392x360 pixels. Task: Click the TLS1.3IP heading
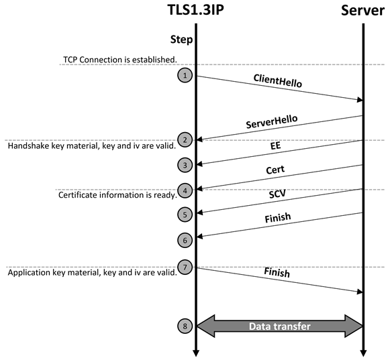196,10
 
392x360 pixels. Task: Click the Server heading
362,10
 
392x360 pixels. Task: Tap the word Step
181,40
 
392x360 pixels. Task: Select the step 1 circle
185,75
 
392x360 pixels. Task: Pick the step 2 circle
185,139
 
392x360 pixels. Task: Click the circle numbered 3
185,165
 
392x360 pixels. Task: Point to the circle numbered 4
185,191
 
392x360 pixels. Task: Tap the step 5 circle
185,215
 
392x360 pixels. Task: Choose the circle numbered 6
185,240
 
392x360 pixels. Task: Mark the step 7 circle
185,267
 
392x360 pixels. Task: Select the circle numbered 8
185,326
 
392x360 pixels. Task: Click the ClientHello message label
277,80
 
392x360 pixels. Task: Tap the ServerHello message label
272,121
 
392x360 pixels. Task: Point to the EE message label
275,145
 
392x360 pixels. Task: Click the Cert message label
275,170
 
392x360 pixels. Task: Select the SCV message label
277,194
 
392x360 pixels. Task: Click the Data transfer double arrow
280,326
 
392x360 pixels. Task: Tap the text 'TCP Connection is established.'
120,60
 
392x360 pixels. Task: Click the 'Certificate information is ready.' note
117,194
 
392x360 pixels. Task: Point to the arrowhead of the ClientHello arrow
360,100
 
